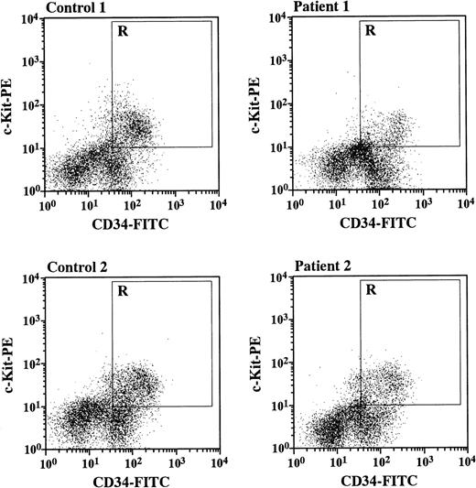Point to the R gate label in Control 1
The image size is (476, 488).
click(x=122, y=31)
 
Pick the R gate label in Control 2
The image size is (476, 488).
click(x=122, y=292)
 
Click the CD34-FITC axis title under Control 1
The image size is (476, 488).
click(x=131, y=222)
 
